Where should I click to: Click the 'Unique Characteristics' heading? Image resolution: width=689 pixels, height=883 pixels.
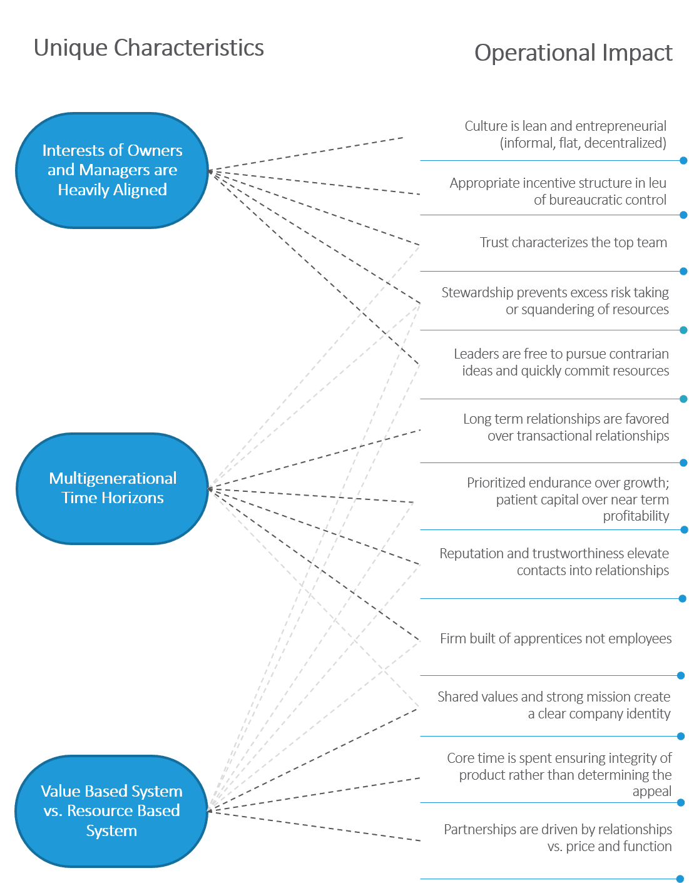pyautogui.click(x=148, y=48)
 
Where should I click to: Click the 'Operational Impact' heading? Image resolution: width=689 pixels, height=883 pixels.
pyautogui.click(x=573, y=53)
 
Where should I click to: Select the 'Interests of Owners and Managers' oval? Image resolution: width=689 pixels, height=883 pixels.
pyautogui.click(x=112, y=170)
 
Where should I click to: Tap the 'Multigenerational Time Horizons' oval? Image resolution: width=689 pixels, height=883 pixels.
pyautogui.click(x=112, y=488)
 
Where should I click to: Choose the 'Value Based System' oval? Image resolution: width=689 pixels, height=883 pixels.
pyautogui.click(x=111, y=810)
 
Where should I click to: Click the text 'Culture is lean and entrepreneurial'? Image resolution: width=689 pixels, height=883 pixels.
pyautogui.click(x=565, y=126)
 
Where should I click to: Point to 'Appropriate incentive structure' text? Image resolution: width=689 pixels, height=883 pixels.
pyautogui.click(x=558, y=183)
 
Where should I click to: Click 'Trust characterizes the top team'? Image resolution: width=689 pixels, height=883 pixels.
pyautogui.click(x=573, y=243)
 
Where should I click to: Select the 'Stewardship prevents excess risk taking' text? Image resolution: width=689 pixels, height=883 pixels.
pyautogui.click(x=554, y=293)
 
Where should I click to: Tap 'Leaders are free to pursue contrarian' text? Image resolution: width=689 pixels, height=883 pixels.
pyautogui.click(x=561, y=354)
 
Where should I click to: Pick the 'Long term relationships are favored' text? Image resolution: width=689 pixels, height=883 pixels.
pyautogui.click(x=566, y=419)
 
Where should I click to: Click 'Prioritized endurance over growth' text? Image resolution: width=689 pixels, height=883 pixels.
pyautogui.click(x=567, y=483)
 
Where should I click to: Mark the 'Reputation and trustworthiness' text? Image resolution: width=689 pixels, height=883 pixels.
pyautogui.click(x=554, y=554)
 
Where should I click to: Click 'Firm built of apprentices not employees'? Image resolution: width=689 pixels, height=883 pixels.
pyautogui.click(x=555, y=639)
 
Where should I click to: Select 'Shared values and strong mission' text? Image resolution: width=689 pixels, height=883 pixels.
pyautogui.click(x=553, y=697)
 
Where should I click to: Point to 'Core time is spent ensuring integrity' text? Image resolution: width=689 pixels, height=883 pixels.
pyautogui.click(x=559, y=758)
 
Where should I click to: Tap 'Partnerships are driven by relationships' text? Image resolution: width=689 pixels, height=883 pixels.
pyautogui.click(x=558, y=830)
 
